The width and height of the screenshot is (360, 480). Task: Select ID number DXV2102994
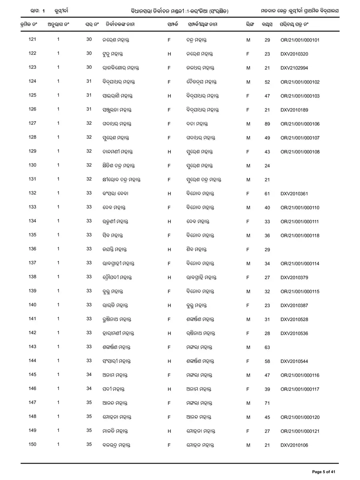294,68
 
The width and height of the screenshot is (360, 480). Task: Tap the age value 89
267,124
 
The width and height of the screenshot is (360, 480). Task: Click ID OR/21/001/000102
300,82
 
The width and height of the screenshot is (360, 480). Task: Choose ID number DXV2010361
294,194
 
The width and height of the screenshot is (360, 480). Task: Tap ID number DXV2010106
294,445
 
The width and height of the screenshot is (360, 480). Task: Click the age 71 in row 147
267,403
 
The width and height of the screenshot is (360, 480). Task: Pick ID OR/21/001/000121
300,431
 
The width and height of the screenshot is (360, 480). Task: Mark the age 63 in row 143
267,347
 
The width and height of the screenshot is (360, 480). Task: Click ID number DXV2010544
294,361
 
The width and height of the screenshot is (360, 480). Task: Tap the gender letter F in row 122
248,54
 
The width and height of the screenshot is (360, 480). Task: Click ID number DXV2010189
294,110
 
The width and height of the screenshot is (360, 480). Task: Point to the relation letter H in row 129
169,152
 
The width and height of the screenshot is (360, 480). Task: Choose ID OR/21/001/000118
300,236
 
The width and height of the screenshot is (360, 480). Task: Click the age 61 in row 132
267,194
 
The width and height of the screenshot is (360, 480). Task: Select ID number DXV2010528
294,319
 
